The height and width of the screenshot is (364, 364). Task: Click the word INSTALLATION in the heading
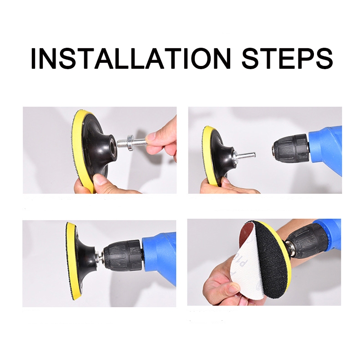[x=131, y=58]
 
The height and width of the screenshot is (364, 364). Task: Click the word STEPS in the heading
[x=287, y=58]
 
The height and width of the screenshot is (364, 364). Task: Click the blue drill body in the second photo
[x=325, y=149]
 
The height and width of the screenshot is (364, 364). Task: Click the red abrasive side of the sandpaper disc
[x=249, y=234]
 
